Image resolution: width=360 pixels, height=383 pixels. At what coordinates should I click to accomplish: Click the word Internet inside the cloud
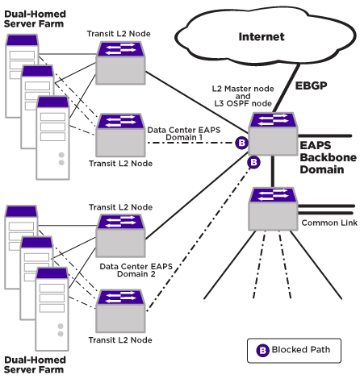point(262,37)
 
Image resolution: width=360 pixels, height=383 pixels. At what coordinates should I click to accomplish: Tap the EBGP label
point(311,85)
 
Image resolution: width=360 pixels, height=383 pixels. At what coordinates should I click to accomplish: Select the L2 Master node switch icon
point(273,134)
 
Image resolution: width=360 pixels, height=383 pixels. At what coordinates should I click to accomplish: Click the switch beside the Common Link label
point(273,209)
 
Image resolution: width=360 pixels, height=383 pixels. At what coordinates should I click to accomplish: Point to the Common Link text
point(329,223)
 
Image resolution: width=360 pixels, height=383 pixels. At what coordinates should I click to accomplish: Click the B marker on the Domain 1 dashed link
point(241,143)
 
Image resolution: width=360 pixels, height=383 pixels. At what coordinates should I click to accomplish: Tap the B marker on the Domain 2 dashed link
point(253,162)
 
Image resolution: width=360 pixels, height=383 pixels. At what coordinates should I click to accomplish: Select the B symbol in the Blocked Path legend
point(262,351)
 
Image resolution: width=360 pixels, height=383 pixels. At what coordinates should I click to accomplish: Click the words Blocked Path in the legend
point(301,350)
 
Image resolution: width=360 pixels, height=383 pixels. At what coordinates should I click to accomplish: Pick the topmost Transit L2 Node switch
point(120,63)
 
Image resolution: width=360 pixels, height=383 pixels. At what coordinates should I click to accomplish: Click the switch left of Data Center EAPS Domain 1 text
point(120,135)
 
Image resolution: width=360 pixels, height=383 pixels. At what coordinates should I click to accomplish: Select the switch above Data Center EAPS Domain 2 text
point(120,235)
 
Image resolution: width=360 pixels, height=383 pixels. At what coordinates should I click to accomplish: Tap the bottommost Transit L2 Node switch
point(120,311)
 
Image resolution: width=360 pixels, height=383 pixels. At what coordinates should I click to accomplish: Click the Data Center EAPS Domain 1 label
point(184,134)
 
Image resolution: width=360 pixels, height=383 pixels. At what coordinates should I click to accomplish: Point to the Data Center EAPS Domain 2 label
point(136,270)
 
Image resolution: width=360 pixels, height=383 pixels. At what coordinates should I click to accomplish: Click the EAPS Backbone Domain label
point(329,157)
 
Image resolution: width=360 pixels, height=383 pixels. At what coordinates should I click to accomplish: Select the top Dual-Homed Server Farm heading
point(35,19)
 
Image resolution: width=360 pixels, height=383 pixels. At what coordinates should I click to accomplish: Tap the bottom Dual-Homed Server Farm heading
point(35,364)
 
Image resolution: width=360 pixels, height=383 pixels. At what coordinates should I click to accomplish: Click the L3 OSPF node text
point(243,103)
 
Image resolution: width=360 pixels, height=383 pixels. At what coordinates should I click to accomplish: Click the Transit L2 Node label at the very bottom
point(120,340)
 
